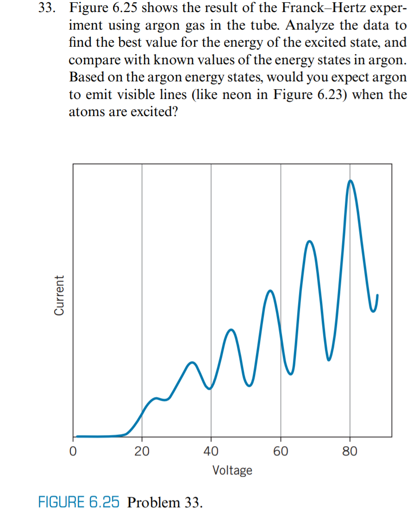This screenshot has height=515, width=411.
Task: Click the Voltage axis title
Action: (x=232, y=471)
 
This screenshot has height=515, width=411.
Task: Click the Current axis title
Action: (x=59, y=296)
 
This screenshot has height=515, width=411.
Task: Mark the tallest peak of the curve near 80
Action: (x=350, y=181)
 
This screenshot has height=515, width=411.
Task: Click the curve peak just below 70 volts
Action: (x=310, y=241)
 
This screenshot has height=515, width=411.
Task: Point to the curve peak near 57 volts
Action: (x=270, y=291)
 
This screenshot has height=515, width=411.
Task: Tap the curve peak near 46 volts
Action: (x=231, y=330)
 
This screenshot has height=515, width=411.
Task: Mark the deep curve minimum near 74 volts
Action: (x=329, y=360)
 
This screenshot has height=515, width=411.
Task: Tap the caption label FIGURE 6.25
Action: (x=79, y=502)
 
